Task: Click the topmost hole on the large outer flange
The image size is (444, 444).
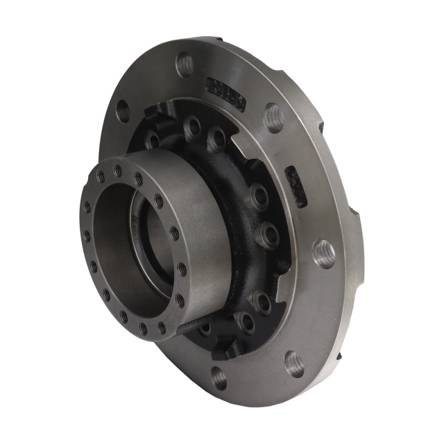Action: (185, 65)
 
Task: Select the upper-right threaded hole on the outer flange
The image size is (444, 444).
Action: (273, 117)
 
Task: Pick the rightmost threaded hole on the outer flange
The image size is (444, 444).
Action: (324, 253)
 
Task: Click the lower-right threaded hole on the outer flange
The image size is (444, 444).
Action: (294, 364)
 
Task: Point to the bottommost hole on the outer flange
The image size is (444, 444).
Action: (219, 377)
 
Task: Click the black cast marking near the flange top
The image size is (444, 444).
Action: (225, 94)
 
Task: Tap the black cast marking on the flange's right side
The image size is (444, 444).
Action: (296, 186)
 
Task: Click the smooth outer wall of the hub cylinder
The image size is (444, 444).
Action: (205, 229)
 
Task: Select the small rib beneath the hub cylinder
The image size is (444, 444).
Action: (194, 327)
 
